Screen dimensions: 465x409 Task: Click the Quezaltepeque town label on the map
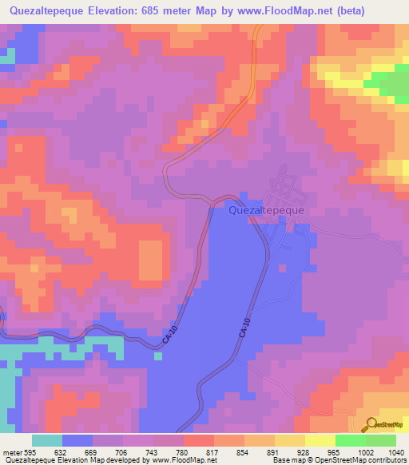click(266, 212)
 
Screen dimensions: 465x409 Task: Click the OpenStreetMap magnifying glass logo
click(371, 424)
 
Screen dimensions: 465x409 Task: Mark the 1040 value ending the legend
click(395, 451)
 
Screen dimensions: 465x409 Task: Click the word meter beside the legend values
click(12, 451)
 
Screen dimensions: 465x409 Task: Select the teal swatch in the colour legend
click(47, 440)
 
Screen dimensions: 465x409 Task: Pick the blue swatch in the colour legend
click(77, 440)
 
